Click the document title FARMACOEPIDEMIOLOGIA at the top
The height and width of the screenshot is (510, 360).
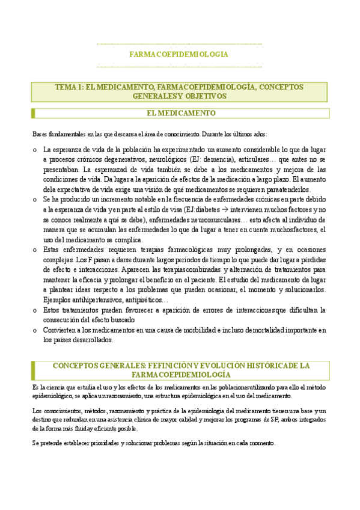(178, 54)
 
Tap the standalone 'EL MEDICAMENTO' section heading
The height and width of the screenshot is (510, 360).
(180, 113)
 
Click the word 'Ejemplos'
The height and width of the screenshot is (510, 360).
(56, 299)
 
